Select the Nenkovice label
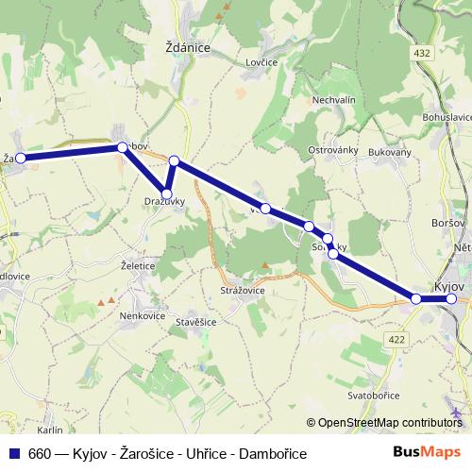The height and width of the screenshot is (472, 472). click(x=142, y=317)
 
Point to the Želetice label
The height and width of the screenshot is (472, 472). click(x=138, y=266)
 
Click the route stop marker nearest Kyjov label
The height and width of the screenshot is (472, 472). click(x=451, y=299)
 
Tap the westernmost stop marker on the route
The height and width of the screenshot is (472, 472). click(x=21, y=159)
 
